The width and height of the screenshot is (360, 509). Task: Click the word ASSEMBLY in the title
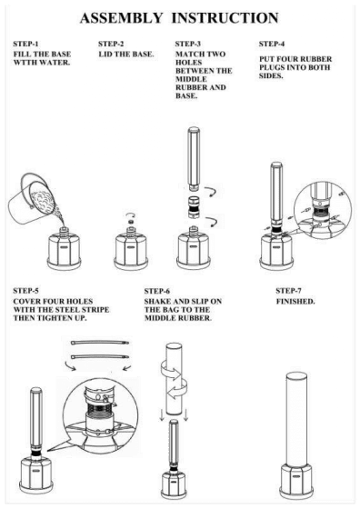(121, 18)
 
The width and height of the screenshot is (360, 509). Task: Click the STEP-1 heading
(25, 44)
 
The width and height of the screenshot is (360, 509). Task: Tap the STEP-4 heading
(272, 44)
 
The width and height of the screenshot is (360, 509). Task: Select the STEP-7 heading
(288, 291)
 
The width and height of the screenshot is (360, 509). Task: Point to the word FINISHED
(295, 301)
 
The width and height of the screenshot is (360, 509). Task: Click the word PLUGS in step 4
(272, 67)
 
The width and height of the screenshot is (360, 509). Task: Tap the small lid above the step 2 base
(131, 222)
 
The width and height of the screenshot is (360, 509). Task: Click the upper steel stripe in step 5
(100, 343)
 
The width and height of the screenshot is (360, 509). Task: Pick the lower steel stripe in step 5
(100, 356)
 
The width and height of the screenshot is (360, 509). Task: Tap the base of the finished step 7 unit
(296, 480)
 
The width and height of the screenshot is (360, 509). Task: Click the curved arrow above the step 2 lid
(131, 215)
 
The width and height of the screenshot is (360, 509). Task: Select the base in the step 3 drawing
(193, 248)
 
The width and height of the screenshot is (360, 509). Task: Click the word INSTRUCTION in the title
(225, 18)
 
